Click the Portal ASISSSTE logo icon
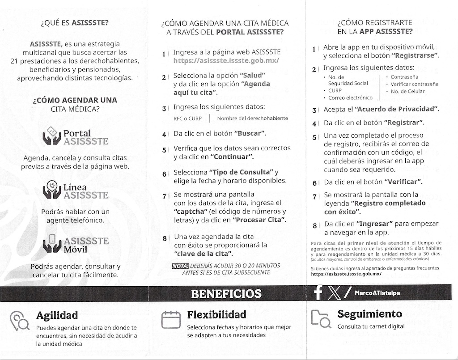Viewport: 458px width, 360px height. click(x=51, y=136)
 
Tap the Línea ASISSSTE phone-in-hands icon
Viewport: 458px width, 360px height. click(x=51, y=190)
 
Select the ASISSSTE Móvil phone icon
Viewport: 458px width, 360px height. click(x=51, y=243)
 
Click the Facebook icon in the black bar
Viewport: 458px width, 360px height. click(x=318, y=293)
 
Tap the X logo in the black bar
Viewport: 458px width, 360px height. click(x=334, y=293)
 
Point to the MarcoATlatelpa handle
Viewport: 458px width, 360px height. click(x=377, y=293)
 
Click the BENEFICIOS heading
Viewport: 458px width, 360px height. click(x=226, y=293)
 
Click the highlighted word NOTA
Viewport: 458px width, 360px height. click(x=180, y=266)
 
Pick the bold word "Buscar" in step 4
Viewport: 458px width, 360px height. click(x=250, y=133)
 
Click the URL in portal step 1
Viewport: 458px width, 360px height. click(x=226, y=60)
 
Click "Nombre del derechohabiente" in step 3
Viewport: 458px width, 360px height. click(x=252, y=119)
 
